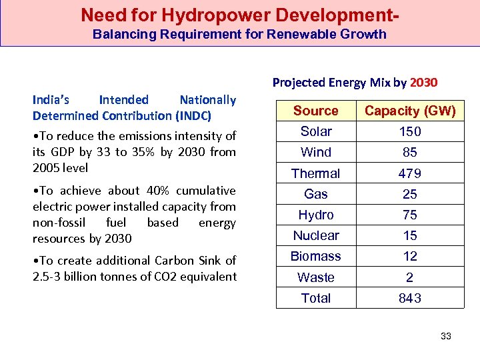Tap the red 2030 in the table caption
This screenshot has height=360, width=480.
(x=424, y=83)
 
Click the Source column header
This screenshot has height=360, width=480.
(x=316, y=111)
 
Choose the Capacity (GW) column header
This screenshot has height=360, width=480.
(x=410, y=111)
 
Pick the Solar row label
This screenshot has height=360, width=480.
(x=316, y=131)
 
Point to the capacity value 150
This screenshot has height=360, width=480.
(x=410, y=131)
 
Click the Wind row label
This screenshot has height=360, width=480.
(x=316, y=152)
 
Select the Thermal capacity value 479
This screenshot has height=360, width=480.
(x=410, y=173)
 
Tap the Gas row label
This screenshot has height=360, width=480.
(x=316, y=194)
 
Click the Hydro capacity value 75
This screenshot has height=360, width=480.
(x=410, y=215)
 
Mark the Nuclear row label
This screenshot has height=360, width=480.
(x=316, y=235)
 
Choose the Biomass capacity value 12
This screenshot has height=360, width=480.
(x=410, y=256)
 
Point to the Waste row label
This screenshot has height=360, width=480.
(x=316, y=277)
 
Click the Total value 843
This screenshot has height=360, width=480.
(x=410, y=298)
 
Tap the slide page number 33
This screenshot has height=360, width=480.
(x=446, y=336)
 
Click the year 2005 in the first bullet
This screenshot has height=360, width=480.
(x=47, y=167)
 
